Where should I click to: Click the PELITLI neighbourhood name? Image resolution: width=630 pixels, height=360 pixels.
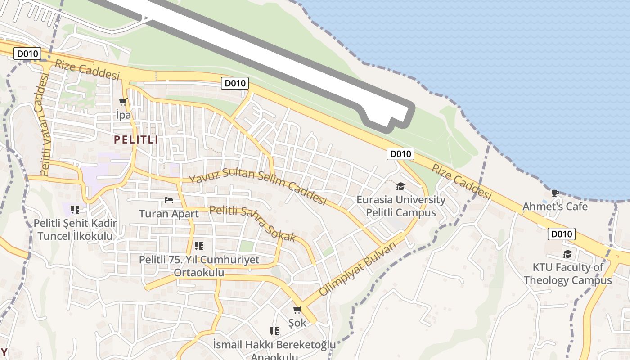coord(136,140)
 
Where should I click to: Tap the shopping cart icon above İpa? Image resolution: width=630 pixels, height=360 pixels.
coord(123,102)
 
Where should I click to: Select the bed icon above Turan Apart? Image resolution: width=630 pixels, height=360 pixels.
coord(169,200)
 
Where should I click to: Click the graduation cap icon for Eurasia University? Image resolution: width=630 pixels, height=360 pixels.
coord(400,186)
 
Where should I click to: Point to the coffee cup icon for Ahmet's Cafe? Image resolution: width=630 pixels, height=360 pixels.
coord(555,193)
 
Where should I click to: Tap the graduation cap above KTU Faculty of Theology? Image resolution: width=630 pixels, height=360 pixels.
coord(567,254)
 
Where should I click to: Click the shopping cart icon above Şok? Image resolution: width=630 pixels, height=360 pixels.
coord(297,310)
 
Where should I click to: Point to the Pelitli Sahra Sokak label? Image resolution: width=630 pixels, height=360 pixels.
coord(252,223)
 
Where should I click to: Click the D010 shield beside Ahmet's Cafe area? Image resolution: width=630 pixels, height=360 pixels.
coord(562,234)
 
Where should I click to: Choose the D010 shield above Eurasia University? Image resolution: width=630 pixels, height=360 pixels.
coord(400,154)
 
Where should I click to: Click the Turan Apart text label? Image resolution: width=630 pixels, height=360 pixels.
coord(169,214)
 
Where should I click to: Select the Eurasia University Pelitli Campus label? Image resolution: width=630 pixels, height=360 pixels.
coord(401,206)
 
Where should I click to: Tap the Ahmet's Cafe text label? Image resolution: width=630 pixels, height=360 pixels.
coord(555,207)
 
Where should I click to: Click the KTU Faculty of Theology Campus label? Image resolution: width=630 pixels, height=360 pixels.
coord(567,274)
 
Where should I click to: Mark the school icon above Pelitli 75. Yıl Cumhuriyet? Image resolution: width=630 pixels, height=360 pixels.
coord(198,246)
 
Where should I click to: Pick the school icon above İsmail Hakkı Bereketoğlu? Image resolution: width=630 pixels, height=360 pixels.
coord(274,331)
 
